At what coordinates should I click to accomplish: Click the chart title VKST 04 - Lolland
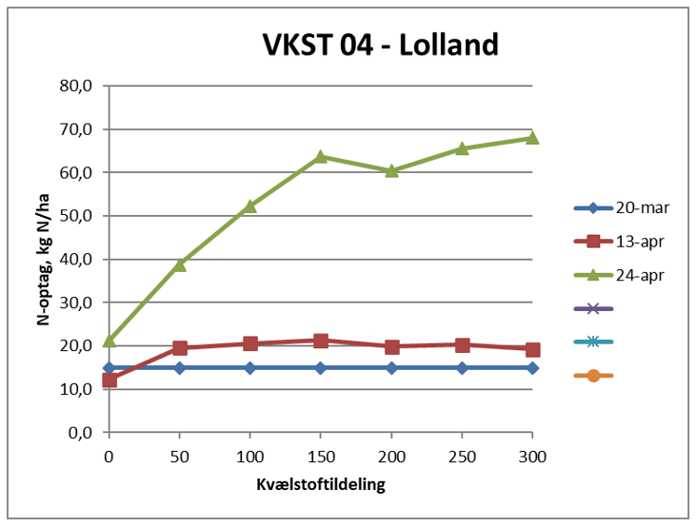pyautogui.click(x=381, y=46)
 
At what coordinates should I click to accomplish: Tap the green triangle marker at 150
pyautogui.click(x=321, y=156)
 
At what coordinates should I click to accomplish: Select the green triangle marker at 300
pyautogui.click(x=532, y=137)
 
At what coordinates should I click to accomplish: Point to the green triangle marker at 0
pyautogui.click(x=110, y=340)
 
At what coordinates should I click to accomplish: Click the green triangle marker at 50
pyautogui.click(x=180, y=263)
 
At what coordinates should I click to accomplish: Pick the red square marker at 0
pyautogui.click(x=110, y=380)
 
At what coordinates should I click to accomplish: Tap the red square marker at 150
pyautogui.click(x=321, y=340)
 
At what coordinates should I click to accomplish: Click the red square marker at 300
pyautogui.click(x=532, y=349)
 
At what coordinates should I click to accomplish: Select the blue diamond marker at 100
pyautogui.click(x=250, y=367)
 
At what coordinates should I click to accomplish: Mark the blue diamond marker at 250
pyautogui.click(x=462, y=367)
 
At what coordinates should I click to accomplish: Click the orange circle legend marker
pyautogui.click(x=593, y=375)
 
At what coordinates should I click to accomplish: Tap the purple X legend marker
pyautogui.click(x=593, y=308)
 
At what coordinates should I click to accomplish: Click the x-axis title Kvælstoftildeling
pyautogui.click(x=320, y=485)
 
